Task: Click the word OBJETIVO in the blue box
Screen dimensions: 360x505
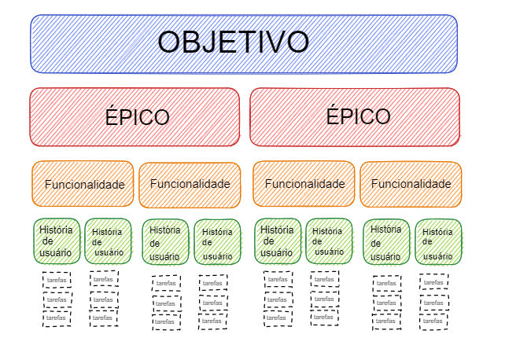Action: [x=233, y=42]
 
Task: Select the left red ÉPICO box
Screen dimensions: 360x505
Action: [x=135, y=117]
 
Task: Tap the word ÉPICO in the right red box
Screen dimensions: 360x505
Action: [x=359, y=116]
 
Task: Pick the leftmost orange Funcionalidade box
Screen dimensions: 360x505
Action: [x=83, y=185]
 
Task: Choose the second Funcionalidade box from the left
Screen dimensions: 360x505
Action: [x=190, y=185]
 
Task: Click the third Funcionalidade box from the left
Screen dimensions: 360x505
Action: [x=304, y=184]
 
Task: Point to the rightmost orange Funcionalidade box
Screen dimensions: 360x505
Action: [x=411, y=184]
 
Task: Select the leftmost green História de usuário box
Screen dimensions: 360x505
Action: [x=56, y=241]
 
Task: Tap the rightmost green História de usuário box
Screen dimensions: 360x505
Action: [x=438, y=242]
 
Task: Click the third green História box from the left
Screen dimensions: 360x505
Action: [x=165, y=241]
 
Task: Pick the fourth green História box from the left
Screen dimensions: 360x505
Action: [x=217, y=242]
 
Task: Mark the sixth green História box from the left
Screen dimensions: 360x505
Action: [x=328, y=241]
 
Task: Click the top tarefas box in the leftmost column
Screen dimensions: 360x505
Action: [x=57, y=281]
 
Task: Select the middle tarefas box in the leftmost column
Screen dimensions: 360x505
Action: [x=57, y=299]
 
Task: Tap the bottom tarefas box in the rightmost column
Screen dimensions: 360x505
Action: [x=433, y=321]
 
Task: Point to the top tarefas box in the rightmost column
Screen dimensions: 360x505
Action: [x=433, y=281]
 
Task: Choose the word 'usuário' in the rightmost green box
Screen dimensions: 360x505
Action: [x=438, y=255]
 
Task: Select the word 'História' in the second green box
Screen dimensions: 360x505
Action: [x=107, y=232]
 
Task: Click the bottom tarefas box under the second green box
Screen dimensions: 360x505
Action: [x=103, y=318]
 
